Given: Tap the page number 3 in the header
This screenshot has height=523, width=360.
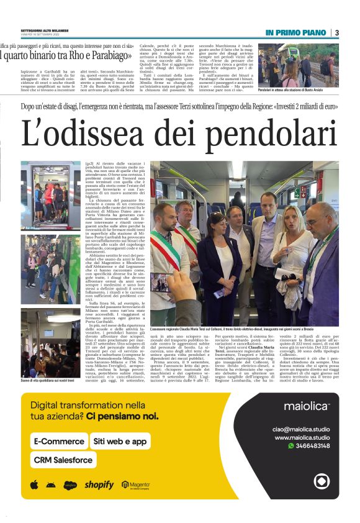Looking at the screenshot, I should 336,32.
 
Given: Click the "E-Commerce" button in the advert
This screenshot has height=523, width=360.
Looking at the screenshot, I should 60,441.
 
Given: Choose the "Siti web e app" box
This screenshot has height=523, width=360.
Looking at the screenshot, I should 120,441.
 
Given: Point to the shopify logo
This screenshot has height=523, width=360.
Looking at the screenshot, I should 99,484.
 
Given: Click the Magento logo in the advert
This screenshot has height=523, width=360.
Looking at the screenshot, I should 136,484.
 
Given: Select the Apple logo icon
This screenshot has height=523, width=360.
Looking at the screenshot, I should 34,484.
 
